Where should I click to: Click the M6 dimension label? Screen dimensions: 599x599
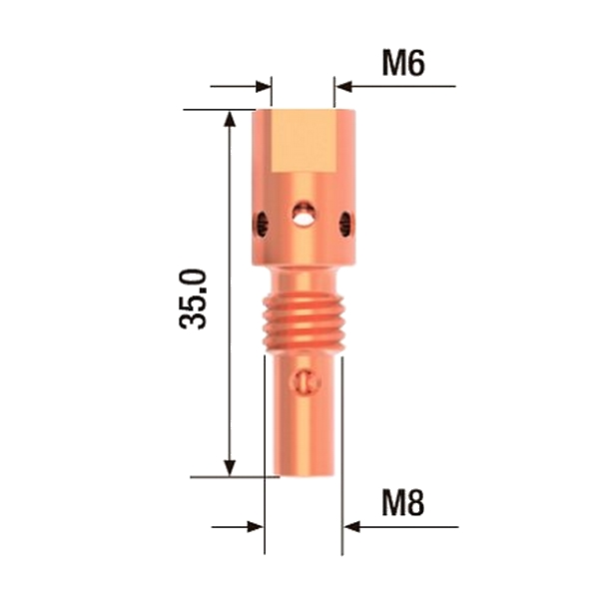(403, 64)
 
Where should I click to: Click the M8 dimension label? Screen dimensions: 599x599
(403, 503)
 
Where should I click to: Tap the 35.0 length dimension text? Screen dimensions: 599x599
(193, 299)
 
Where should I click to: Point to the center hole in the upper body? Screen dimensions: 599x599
(303, 214)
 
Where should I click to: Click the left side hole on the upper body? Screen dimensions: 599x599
(262, 224)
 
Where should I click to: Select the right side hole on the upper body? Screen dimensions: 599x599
(346, 224)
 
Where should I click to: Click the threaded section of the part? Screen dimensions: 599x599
(303, 322)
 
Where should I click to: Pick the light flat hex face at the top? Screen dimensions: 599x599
(302, 141)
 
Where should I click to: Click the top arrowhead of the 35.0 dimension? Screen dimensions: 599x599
(230, 119)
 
